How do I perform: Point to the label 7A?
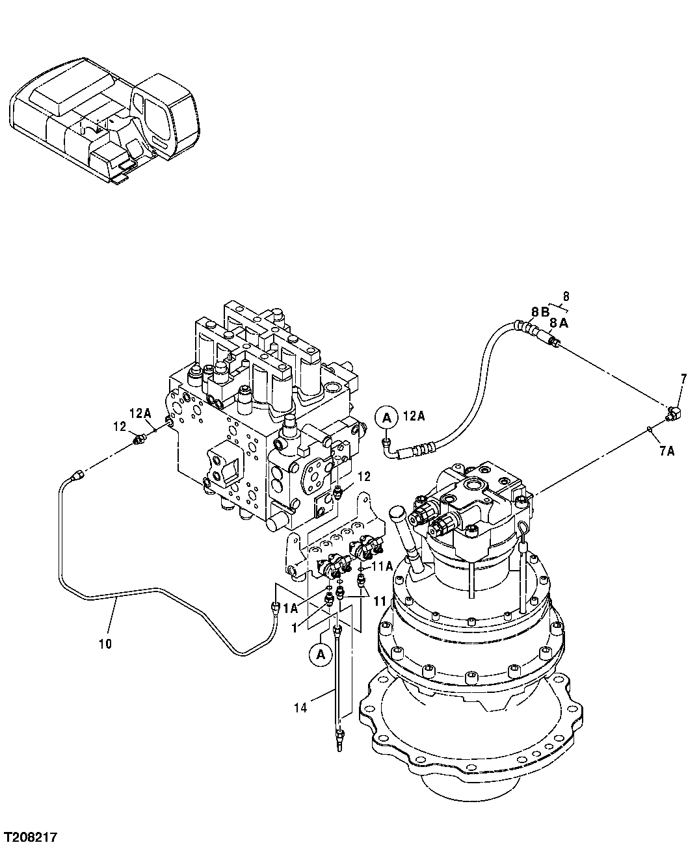(666, 450)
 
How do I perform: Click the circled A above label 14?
(321, 655)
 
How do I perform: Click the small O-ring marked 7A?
(650, 428)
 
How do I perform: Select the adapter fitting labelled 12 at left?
(138, 441)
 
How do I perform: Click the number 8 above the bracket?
(566, 296)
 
